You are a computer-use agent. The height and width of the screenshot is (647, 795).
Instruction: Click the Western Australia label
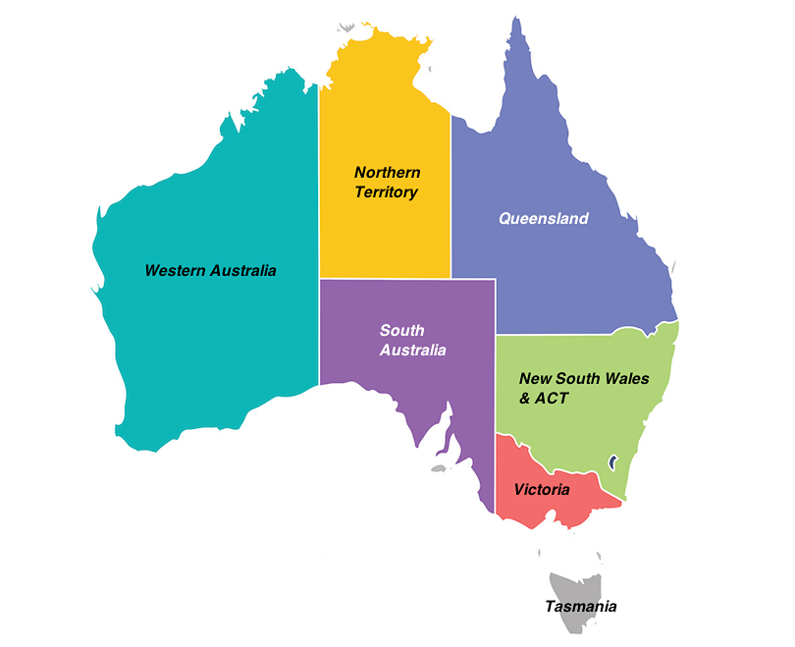[x=210, y=270]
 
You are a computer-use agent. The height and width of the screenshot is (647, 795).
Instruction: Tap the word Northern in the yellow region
[x=387, y=173]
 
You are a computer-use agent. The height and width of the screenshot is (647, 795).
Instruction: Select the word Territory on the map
[x=386, y=192]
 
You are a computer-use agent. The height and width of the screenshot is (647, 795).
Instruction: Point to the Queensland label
[x=544, y=218]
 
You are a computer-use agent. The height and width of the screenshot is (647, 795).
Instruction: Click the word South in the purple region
[x=401, y=331]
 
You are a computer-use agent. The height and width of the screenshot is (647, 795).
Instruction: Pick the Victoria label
[x=541, y=488]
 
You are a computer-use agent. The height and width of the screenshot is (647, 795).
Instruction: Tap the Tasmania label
[x=581, y=606]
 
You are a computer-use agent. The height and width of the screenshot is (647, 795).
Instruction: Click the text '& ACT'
[x=544, y=399]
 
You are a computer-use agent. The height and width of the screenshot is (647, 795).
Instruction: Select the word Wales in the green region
[x=626, y=379]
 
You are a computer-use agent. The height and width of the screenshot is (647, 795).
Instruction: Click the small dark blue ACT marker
[x=613, y=459]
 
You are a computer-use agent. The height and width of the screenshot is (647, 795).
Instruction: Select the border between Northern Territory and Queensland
[x=451, y=196]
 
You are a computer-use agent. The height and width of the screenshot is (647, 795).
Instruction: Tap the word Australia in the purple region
[x=413, y=350]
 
